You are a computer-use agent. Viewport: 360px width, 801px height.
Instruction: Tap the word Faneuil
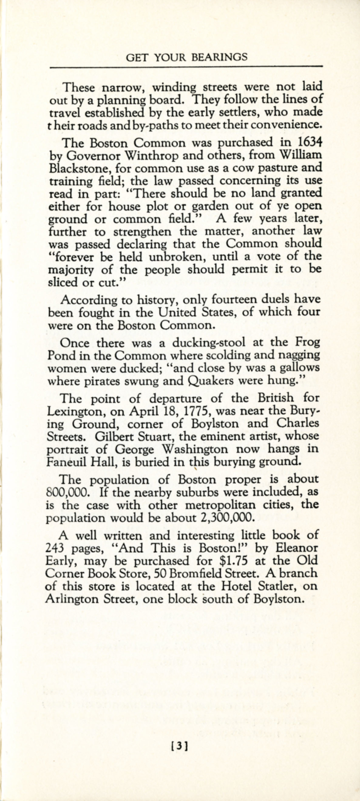67,461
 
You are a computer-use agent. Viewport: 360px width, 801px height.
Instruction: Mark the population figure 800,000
67,492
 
